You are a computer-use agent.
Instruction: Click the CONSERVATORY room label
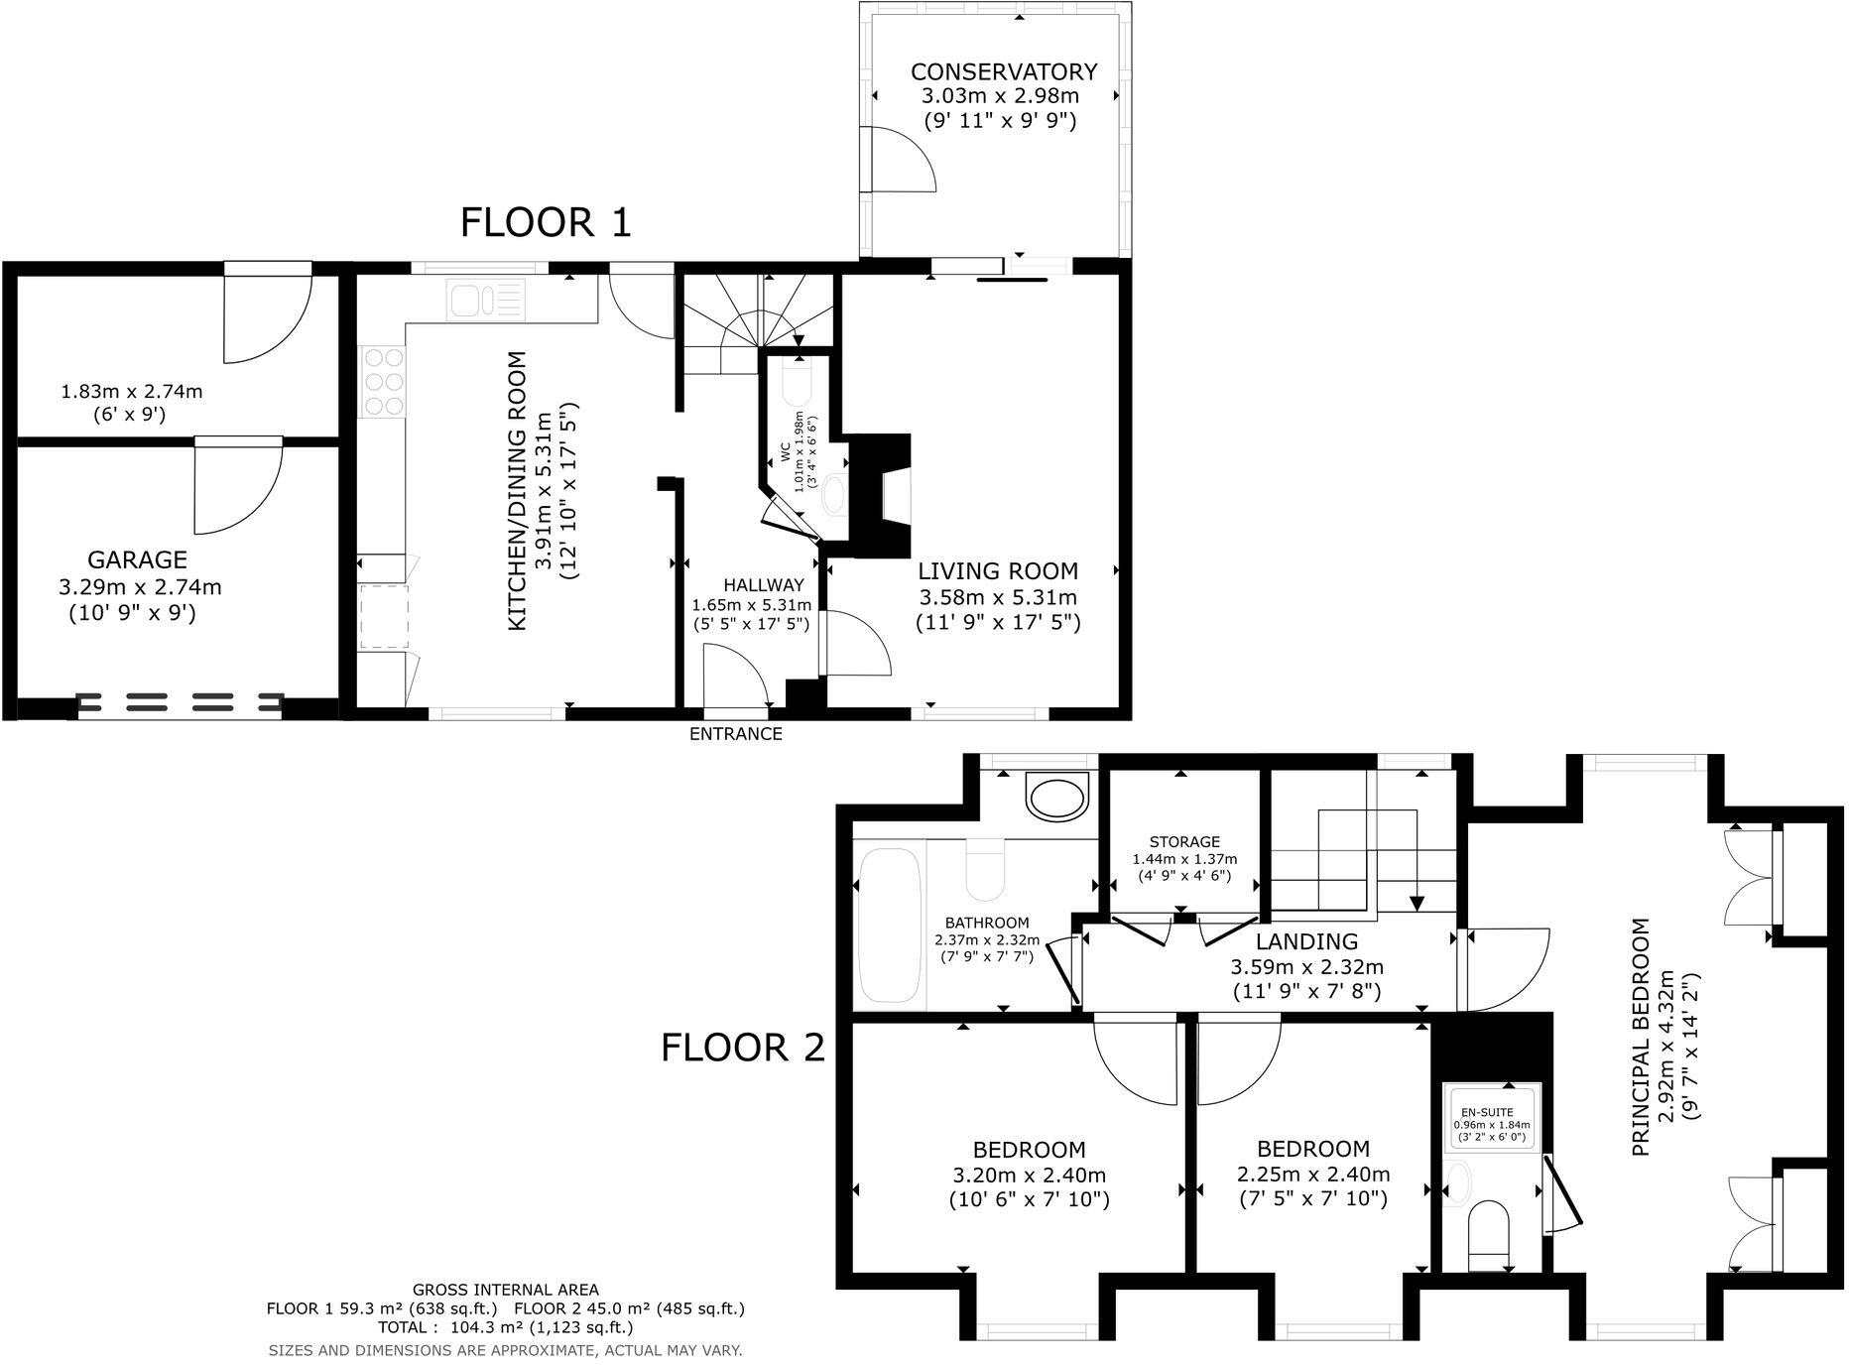click(1004, 72)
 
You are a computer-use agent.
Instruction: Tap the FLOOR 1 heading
click(546, 222)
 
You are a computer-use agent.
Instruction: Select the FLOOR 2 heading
click(743, 1047)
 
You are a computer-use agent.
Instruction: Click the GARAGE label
click(137, 559)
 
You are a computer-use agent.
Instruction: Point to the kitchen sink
click(485, 300)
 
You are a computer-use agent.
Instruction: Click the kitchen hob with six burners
click(383, 381)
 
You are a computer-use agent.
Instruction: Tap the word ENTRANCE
click(736, 734)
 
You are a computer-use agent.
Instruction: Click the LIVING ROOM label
click(998, 571)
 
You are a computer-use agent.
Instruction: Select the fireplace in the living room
click(883, 497)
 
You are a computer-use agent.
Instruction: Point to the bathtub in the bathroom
click(891, 926)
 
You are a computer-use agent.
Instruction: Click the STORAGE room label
click(1184, 842)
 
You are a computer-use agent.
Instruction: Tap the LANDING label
click(1306, 941)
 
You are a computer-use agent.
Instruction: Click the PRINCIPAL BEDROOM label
click(1641, 1037)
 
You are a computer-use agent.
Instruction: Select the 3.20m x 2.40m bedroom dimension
click(1030, 1176)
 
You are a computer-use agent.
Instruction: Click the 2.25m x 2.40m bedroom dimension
click(1313, 1175)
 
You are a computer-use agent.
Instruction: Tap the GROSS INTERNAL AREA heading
click(506, 1290)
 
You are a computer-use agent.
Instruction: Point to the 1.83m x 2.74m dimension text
click(132, 391)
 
